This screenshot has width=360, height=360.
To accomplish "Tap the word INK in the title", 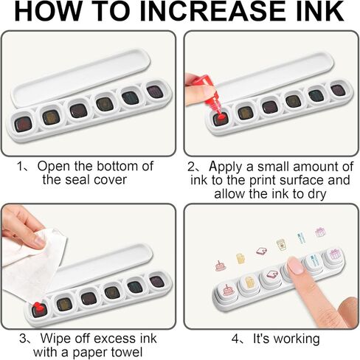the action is [x=320, y=11].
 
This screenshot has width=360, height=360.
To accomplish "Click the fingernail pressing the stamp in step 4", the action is [x=295, y=265].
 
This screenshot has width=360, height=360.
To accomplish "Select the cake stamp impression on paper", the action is [x=221, y=266].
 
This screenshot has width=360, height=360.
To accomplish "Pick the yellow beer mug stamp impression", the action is [x=240, y=258].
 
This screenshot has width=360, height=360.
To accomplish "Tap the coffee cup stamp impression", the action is [x=280, y=245].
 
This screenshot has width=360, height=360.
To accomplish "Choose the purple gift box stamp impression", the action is [x=320, y=232].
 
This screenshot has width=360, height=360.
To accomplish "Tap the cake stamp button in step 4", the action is [x=226, y=293].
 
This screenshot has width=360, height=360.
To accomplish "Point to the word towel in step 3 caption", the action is [x=127, y=352].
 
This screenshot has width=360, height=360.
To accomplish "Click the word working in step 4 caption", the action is [x=297, y=339].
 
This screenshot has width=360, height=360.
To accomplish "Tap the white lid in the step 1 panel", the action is [x=81, y=75].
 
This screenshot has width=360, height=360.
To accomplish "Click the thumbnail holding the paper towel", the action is [x=39, y=241].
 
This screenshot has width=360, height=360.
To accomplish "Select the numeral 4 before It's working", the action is [x=235, y=339].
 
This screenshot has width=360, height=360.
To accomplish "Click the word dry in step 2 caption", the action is [x=316, y=194].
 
